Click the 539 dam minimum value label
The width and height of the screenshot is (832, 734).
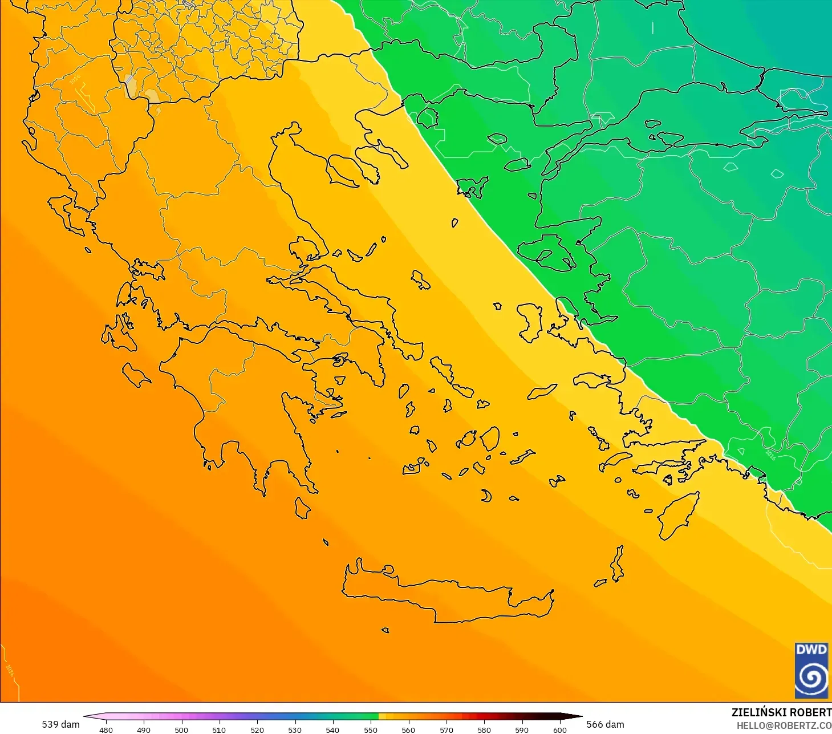coord(60,724)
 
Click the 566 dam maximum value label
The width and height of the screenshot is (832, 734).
coord(606,724)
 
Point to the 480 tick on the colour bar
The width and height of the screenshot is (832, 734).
coord(106,729)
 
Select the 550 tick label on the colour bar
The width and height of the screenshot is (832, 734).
coord(371,729)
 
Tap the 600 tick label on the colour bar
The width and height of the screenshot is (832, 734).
coord(559,729)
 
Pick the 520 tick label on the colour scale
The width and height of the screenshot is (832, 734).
coord(257,729)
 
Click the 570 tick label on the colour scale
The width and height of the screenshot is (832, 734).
coord(446,729)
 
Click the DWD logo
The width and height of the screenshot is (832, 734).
coord(811,670)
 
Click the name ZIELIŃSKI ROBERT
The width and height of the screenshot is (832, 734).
coord(781,712)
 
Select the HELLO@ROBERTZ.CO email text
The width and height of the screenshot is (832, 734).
coord(784,725)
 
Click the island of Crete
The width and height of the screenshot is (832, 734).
coord(445,596)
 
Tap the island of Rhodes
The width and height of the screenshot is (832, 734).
coord(677,514)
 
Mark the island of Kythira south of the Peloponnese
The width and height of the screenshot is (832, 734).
coord(302,508)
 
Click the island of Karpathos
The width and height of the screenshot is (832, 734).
coord(618,563)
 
